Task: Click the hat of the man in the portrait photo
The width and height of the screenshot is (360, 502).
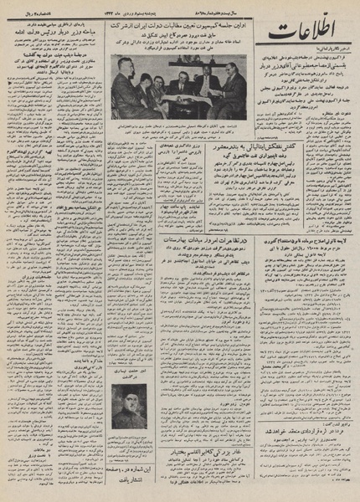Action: [x=127, y=391]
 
